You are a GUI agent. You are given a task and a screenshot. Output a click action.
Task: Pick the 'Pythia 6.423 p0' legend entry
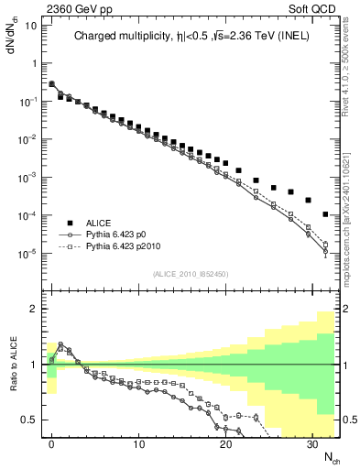[119, 234]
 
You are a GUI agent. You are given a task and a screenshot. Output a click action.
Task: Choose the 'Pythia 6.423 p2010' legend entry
[125, 247]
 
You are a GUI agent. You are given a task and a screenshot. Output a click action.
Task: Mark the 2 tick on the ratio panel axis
[33, 309]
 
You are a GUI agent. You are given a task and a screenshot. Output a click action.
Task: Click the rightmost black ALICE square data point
[326, 215]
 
